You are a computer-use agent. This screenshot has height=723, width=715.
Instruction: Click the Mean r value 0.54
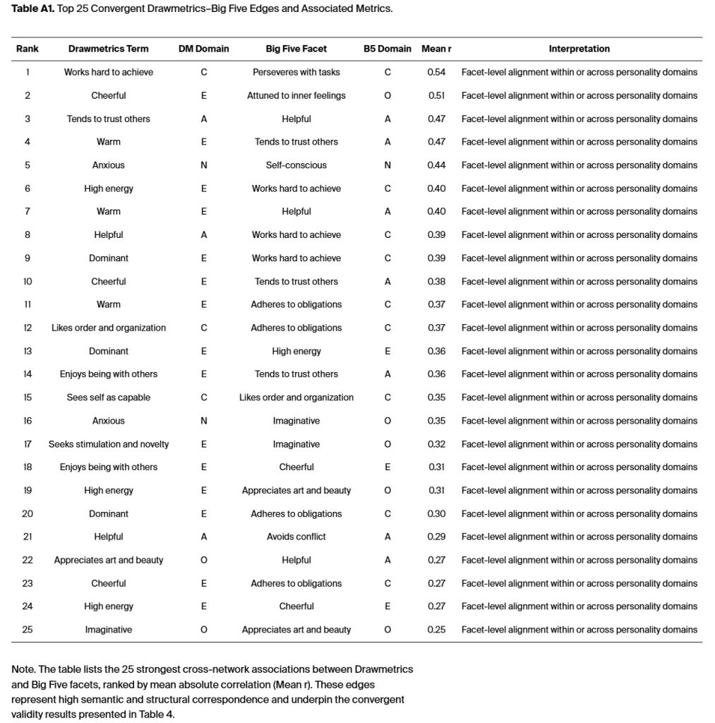point(436,72)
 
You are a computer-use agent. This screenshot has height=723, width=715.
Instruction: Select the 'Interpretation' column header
point(579,49)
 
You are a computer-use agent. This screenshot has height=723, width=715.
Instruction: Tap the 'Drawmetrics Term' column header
point(109,49)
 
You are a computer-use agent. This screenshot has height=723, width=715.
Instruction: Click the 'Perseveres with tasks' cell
point(296,72)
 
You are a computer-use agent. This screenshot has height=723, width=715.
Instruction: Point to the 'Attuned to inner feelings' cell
point(296,95)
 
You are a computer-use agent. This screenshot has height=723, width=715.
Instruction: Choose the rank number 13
point(28,351)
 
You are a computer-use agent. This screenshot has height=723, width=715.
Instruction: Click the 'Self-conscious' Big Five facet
point(296,165)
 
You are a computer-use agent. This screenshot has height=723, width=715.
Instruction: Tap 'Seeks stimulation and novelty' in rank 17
point(109,444)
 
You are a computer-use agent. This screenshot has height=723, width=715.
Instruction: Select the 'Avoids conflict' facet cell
point(296,537)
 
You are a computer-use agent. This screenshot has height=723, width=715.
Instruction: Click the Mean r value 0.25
point(436,630)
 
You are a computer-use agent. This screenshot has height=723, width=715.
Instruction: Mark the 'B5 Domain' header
point(387,49)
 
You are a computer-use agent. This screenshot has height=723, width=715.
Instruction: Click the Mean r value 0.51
point(436,95)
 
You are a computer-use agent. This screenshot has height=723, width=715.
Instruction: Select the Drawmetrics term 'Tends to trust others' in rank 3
point(109,119)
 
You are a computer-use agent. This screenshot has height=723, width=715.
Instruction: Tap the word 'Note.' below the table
point(24,669)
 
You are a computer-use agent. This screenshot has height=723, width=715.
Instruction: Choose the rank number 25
point(28,630)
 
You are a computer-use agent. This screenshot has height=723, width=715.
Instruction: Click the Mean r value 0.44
point(436,165)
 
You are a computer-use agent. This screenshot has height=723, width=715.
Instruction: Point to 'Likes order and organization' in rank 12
point(109,328)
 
